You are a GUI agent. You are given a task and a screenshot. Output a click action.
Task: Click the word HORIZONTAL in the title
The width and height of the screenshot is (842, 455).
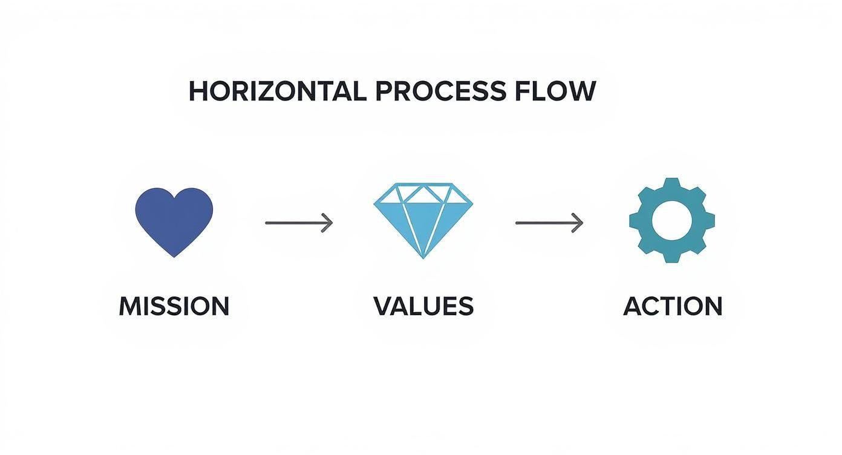click(x=277, y=91)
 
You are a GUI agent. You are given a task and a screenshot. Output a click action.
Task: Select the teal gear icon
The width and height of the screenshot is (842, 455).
click(x=672, y=220)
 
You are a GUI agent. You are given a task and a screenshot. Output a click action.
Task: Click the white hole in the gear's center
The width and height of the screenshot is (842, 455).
click(x=672, y=220)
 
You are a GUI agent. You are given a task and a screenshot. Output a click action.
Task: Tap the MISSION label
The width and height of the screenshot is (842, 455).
click(x=174, y=306)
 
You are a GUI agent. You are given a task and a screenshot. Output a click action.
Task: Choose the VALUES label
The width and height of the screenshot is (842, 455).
click(x=423, y=306)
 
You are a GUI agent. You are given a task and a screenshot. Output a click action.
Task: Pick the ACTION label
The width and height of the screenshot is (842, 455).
click(x=673, y=306)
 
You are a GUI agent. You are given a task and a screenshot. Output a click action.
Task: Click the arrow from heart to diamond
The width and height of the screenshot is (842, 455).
click(x=299, y=223)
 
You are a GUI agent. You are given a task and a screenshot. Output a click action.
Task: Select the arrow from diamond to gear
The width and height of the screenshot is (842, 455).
click(x=549, y=223)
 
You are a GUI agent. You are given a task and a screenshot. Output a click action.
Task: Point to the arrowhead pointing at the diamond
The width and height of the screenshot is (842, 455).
click(x=328, y=223)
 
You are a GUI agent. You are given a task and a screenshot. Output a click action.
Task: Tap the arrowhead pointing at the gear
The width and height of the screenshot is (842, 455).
click(x=579, y=223)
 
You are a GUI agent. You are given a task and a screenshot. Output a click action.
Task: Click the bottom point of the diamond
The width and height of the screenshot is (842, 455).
click(x=423, y=257)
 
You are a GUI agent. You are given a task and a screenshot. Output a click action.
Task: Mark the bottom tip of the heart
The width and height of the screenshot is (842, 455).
click(x=174, y=256)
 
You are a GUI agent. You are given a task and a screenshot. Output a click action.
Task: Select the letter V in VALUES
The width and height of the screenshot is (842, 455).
click(x=382, y=306)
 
